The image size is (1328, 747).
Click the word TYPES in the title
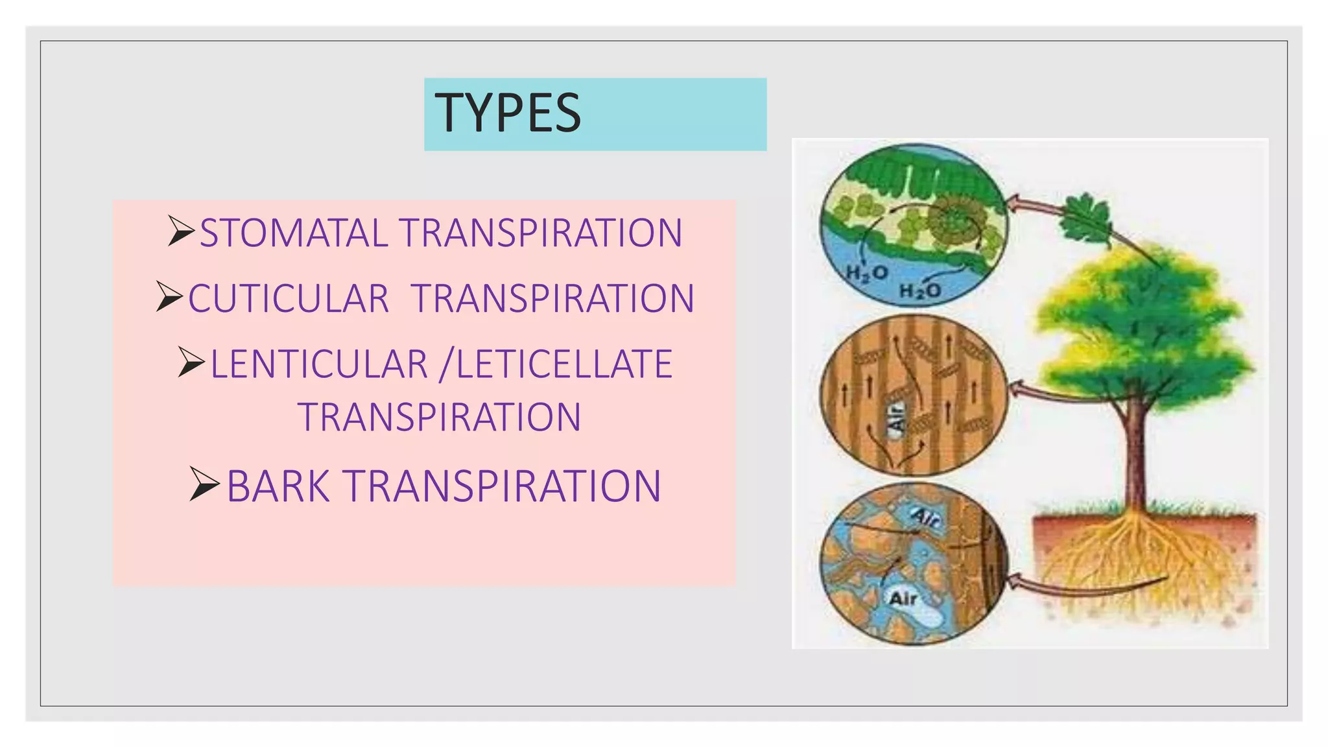tap(508, 113)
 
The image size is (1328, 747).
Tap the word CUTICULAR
tap(289, 299)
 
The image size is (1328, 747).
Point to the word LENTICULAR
tap(319, 364)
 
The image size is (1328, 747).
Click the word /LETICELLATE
tap(556, 364)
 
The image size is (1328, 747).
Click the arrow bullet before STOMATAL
tap(180, 231)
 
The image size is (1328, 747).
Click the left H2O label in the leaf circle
tap(866, 273)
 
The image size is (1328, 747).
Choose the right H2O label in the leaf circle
tap(919, 290)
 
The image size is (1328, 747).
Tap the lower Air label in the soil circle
tap(903, 598)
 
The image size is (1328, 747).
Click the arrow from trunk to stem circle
tap(1063, 393)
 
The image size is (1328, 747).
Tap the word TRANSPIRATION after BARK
tap(502, 486)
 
